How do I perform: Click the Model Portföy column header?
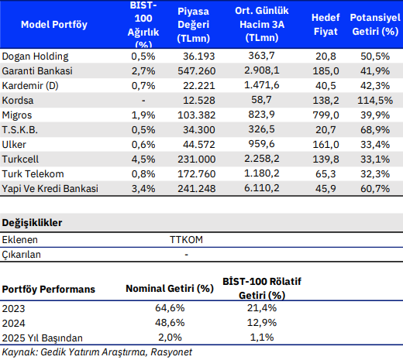tap(54, 25)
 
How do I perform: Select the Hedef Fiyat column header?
tap(325, 25)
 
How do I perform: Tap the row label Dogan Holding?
tap(35, 57)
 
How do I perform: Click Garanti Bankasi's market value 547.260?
tap(196, 71)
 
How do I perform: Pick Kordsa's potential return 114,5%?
tap(375, 101)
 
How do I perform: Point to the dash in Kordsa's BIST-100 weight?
tap(143, 101)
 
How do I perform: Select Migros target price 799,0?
tap(325, 115)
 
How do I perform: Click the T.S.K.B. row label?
tap(20, 130)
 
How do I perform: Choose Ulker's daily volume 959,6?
tap(261, 144)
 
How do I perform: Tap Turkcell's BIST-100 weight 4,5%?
tap(143, 159)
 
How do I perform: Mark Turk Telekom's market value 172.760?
tap(196, 174)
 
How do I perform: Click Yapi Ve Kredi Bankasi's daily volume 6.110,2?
tap(262, 188)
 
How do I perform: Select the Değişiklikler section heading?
tap(32, 223)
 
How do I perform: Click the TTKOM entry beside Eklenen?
tap(186, 240)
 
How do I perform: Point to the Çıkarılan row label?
tap(22, 255)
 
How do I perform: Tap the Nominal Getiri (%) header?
tap(170, 289)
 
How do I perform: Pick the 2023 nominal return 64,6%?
tap(170, 308)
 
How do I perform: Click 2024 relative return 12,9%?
tap(262, 323)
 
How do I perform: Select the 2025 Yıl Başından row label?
tap(43, 338)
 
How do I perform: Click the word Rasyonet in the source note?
tap(171, 352)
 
